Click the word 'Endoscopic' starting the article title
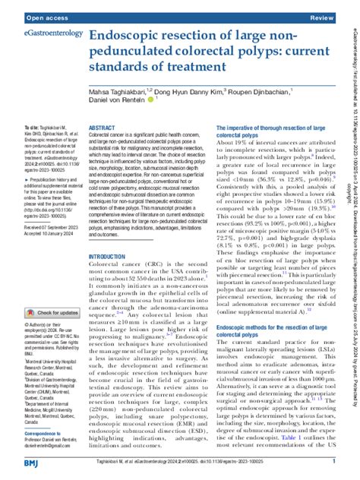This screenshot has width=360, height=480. coord(134,36)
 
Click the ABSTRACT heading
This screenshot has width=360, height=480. coord(103,129)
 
